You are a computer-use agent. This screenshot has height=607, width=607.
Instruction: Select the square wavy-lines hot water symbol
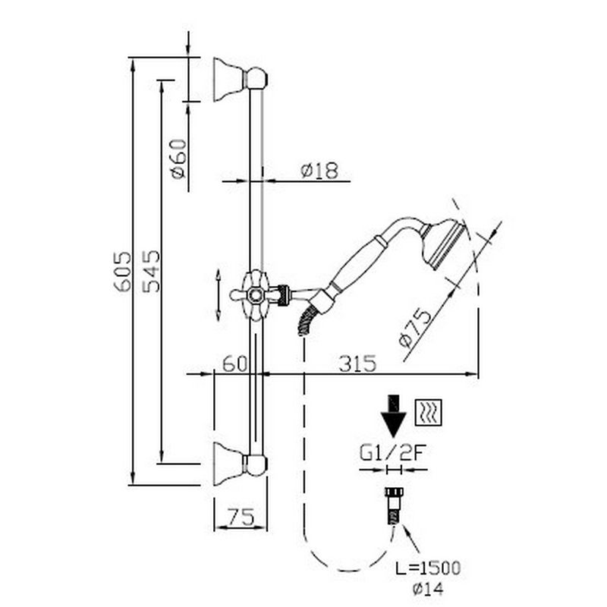click(x=430, y=412)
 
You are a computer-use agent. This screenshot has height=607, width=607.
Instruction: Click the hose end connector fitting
click(x=392, y=508)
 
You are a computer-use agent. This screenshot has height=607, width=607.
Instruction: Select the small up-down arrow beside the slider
click(x=219, y=294)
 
